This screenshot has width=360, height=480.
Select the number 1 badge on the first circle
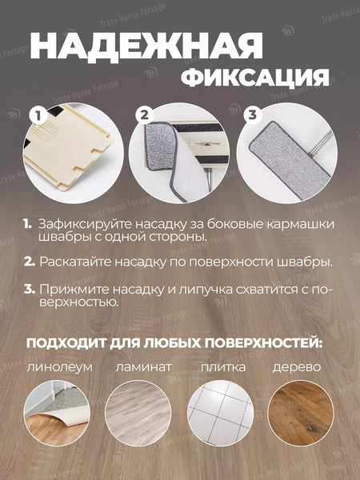click(x=36, y=116)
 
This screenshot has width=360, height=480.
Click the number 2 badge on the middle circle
click(x=145, y=115)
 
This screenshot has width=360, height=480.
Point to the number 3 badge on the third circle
click(x=253, y=115)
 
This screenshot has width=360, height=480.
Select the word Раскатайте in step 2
click(x=78, y=262)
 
